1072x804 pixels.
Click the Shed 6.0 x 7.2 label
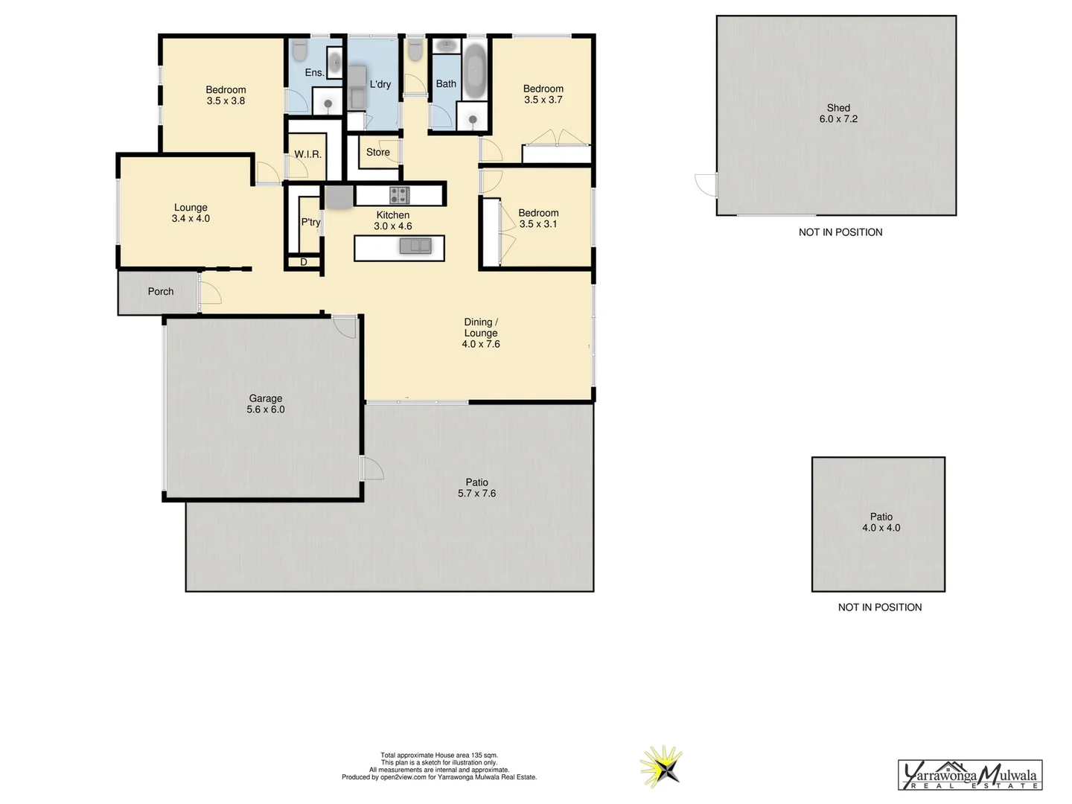[838, 113]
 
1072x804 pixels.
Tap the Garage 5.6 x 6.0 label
[266, 403]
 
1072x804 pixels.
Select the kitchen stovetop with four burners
[399, 195]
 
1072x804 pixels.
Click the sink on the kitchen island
[415, 246]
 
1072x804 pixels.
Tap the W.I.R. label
[307, 154]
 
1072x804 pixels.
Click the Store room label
[377, 152]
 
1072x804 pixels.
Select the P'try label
[310, 222]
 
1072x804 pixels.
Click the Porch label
[160, 291]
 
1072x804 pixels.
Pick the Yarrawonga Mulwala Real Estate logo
[970, 775]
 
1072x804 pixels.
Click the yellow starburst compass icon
[660, 767]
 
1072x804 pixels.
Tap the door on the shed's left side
[706, 185]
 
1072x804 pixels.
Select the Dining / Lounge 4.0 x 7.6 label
[481, 333]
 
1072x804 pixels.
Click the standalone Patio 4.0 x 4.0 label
[881, 522]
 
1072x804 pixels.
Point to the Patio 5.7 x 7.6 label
[476, 488]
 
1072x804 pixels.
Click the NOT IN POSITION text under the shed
[840, 232]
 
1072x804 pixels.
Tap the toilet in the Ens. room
[300, 51]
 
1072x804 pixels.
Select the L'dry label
[380, 84]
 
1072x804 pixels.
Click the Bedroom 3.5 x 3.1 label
[538, 218]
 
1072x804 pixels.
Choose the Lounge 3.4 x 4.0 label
[191, 213]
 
